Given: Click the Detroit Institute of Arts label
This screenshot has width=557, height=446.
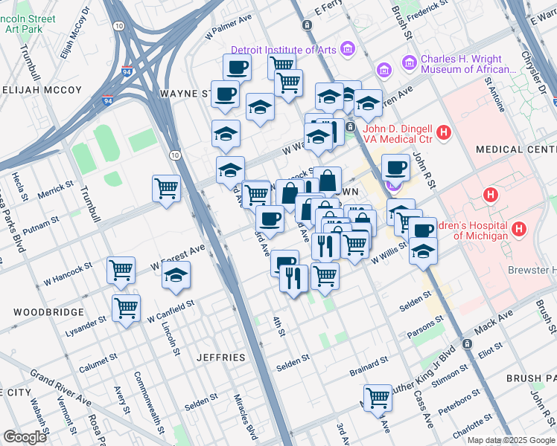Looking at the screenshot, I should (283, 50).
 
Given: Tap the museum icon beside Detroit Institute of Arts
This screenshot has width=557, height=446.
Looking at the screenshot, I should (346, 50).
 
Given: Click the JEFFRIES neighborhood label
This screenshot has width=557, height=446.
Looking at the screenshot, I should (220, 358).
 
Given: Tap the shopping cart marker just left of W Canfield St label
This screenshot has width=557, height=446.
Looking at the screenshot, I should (127, 306).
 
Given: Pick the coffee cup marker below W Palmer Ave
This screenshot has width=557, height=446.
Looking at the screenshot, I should (237, 67).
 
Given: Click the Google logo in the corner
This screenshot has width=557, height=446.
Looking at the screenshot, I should (25, 437).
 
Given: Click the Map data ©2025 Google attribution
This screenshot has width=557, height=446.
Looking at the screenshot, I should (511, 440).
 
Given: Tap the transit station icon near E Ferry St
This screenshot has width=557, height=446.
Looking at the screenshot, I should (307, 25).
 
